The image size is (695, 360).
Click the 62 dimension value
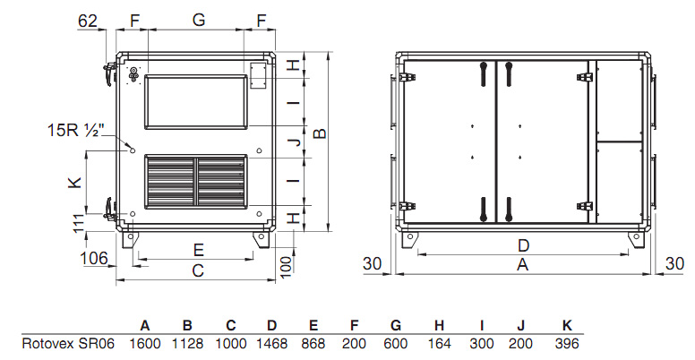coord(87,21)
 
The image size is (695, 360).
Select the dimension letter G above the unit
coord(199,21)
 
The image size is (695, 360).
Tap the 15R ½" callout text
coord(76,131)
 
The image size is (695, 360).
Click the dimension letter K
coord(75,182)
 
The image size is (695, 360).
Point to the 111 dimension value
coord(79,223)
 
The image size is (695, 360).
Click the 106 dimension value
coord(94,258)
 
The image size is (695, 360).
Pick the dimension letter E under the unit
coord(199,250)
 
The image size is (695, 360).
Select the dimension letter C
coord(198,270)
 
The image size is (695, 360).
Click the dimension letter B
coord(320,133)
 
